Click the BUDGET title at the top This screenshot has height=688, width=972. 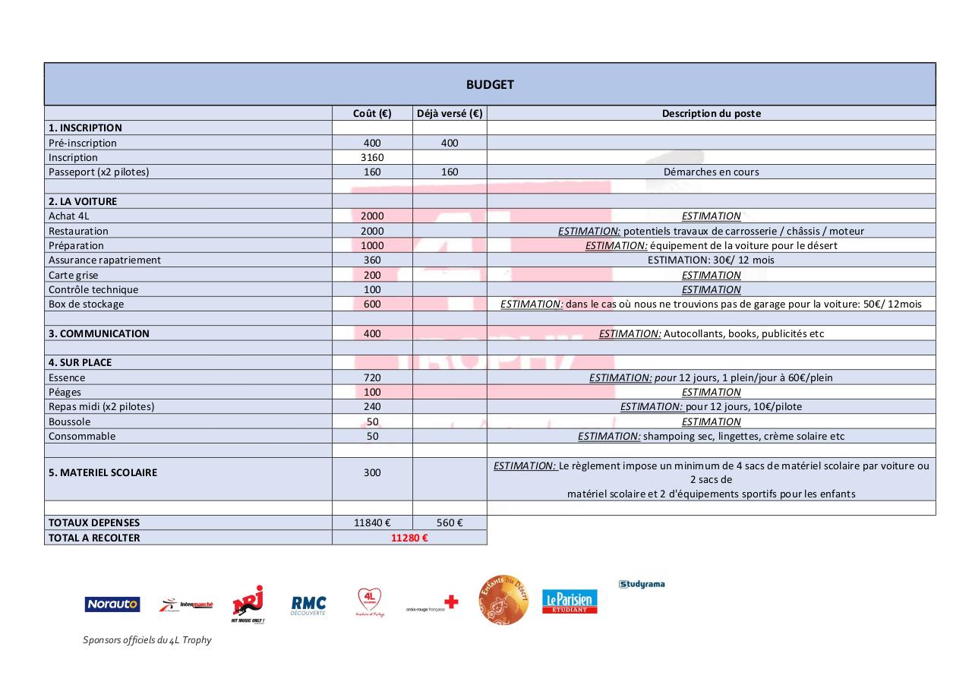(490, 84)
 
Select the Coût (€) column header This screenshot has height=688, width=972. (372, 113)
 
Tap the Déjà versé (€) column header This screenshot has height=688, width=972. (450, 113)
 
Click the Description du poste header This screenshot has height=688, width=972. (711, 113)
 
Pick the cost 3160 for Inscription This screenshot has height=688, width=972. (372, 157)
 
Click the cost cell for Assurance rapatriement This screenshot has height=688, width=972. (372, 260)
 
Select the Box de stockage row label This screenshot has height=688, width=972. (86, 304)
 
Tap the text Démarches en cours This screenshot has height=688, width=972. (711, 172)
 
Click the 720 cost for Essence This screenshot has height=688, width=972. (372, 377)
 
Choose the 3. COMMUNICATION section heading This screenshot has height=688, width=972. (99, 333)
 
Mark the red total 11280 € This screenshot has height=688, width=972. (409, 538)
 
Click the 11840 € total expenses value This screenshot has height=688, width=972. (372, 522)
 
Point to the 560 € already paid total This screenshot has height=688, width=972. (450, 522)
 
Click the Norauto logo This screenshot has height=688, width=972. (112, 604)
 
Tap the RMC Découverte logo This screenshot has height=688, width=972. (308, 604)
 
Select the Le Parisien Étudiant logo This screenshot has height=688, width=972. (570, 601)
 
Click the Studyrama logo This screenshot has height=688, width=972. (642, 584)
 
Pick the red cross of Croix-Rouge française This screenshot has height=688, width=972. (451, 602)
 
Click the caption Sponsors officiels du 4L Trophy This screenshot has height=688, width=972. (147, 640)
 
